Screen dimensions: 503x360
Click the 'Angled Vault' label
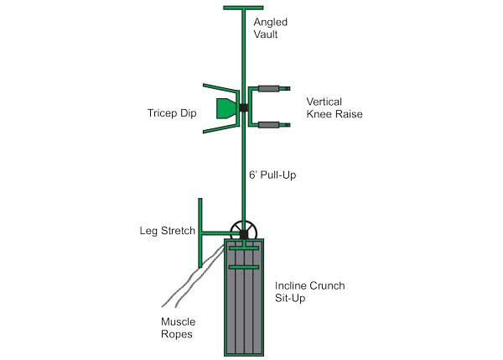pos(271,29)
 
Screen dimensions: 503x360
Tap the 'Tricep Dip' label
pos(172,113)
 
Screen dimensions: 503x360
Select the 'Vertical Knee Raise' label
pos(334,107)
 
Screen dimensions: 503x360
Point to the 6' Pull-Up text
pos(272,175)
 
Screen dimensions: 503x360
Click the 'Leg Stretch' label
pos(167,231)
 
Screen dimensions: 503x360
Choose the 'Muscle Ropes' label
pos(178,328)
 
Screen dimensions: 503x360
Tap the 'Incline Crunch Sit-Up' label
pos(309,292)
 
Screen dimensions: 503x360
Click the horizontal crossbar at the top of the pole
pos(243,8)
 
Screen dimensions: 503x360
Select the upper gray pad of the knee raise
pos(269,89)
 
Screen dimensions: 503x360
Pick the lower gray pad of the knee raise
pos(269,125)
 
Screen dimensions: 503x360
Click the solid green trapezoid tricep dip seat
pos(227,108)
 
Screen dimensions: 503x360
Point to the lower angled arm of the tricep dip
pos(220,128)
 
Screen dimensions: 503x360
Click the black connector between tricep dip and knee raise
pos(243,108)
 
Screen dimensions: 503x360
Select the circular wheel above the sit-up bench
pos(244,232)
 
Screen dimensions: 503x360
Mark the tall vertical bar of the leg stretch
pos(200,232)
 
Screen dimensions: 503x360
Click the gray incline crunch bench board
pos(244,297)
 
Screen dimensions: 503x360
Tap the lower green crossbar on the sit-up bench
pos(244,267)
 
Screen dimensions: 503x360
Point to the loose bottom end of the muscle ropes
pos(169,305)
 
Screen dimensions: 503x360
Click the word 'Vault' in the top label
pos(266,34)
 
